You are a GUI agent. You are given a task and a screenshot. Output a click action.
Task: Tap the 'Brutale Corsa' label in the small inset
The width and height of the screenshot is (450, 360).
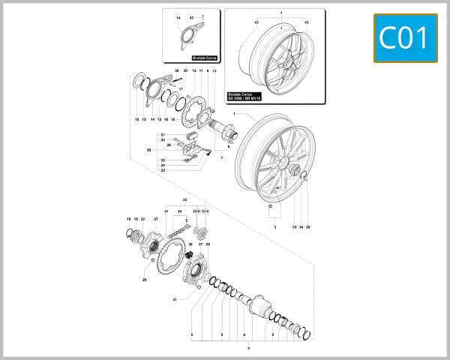(x=204, y=57)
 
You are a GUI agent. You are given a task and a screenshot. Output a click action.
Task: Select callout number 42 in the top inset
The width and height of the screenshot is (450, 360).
(x=191, y=17)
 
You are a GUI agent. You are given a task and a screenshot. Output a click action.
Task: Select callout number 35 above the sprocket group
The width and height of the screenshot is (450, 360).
(x=184, y=200)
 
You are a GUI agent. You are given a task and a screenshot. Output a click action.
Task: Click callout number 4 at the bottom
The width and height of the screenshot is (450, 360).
(x=249, y=348)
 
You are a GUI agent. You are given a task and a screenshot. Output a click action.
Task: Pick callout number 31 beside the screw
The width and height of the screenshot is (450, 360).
(x=174, y=299)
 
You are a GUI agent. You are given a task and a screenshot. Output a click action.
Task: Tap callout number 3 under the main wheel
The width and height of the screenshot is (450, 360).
(x=274, y=226)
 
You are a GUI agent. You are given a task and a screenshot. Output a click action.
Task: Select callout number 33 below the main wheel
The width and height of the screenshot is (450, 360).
(x=292, y=226)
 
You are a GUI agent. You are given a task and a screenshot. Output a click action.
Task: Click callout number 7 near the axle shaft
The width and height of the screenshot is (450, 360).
(x=221, y=158)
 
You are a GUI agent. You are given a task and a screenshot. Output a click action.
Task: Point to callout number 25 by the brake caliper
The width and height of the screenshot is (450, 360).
(x=163, y=170)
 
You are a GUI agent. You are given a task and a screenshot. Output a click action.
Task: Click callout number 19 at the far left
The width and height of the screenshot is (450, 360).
(x=128, y=219)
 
